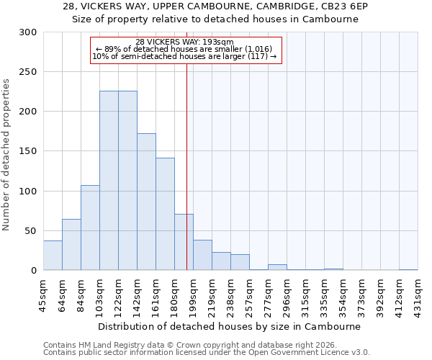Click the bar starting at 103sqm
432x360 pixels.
tap(109, 181)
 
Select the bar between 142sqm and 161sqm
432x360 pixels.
tap(146, 202)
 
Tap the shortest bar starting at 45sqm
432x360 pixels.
tap(53, 256)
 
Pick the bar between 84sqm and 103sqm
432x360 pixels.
tap(90, 228)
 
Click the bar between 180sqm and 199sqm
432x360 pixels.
tap(184, 242)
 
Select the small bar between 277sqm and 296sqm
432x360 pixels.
tap(277, 267)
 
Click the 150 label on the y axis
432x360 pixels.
tap(27, 151)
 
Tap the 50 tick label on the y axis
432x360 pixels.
tap(30, 231)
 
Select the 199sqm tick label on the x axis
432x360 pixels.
tap(193, 294)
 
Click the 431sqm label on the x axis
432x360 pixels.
tap(418, 294)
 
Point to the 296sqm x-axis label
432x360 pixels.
tap(287, 294)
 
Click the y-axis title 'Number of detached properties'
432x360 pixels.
tap(6, 151)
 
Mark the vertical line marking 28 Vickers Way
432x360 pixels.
tap(186, 166)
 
